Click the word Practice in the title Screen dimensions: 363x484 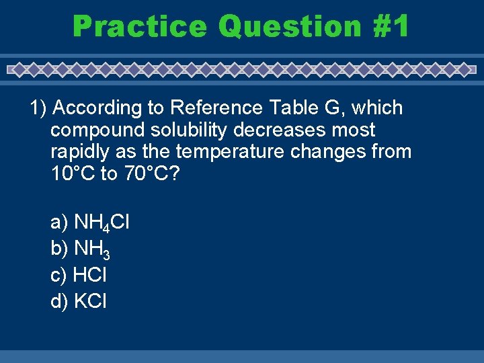[140, 27]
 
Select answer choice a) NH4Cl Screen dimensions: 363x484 [90, 222]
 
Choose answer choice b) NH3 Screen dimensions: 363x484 [81, 249]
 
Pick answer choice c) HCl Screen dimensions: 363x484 [79, 275]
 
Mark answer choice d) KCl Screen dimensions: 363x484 [79, 301]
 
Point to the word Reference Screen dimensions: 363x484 [214, 108]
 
